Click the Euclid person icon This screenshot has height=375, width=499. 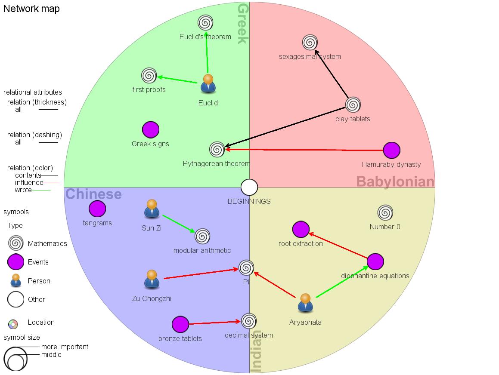coord(208,84)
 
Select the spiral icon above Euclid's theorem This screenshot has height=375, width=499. coord(205,22)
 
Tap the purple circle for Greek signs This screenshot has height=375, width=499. coord(150,129)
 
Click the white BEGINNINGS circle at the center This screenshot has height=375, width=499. coord(249,187)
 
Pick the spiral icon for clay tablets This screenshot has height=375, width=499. coord(353,105)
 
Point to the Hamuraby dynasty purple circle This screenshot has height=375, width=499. coord(391,150)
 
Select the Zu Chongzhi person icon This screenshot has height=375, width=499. coord(152,280)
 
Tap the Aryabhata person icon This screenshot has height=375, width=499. coord(305,303)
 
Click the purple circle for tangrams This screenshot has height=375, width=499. coord(97,209)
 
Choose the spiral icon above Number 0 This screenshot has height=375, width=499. coord(385,212)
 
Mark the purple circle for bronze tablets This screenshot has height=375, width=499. coord(180,325)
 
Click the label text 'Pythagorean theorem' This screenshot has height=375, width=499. coord(217,163)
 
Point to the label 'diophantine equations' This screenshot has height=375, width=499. coord(375,276)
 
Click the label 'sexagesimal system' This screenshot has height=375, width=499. coord(310,56)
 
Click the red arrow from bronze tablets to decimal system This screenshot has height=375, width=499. coord(214,323)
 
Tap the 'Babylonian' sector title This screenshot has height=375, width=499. coord(395,181)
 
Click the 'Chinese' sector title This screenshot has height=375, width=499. coord(93,194)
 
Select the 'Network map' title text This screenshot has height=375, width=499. coord(31,9)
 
